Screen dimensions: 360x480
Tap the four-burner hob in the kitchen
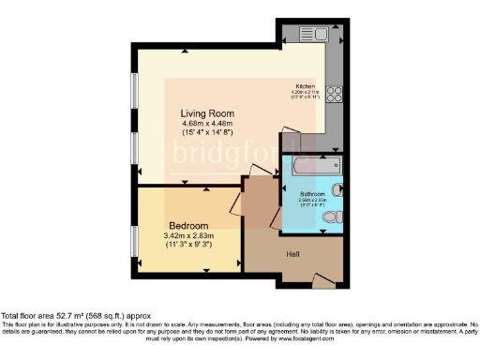(335, 94)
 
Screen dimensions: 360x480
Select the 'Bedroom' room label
(188, 225)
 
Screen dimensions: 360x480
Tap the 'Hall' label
(292, 251)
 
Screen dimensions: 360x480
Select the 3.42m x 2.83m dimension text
(188, 235)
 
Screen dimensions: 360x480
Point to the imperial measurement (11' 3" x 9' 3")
(188, 245)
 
